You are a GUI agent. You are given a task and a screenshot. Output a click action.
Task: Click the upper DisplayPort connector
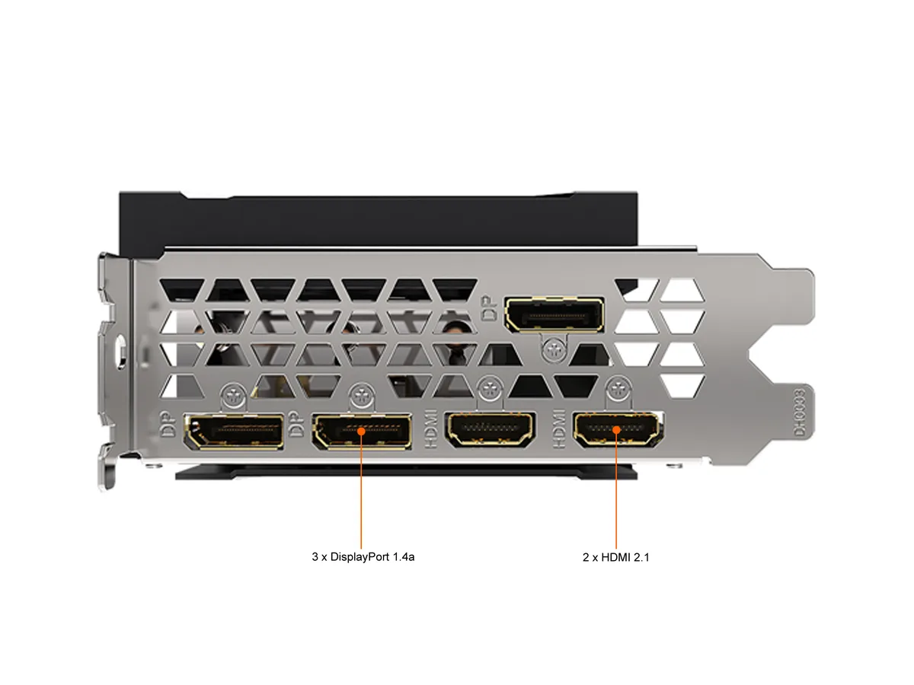[x=554, y=314]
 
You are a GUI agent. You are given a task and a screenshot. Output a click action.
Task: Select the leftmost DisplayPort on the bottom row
[x=234, y=432]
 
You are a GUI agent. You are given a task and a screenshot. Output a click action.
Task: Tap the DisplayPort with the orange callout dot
[x=362, y=432]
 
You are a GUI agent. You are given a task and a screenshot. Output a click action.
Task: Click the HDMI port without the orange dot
[x=490, y=429]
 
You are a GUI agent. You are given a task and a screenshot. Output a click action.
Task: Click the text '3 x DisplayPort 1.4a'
[x=363, y=556]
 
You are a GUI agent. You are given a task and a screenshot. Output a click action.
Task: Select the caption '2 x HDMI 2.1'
[x=615, y=557]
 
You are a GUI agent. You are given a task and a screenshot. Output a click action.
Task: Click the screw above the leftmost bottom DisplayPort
[x=233, y=393]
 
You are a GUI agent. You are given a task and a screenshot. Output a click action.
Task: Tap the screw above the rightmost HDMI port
[x=618, y=389]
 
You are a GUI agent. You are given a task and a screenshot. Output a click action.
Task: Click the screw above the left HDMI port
[x=490, y=389]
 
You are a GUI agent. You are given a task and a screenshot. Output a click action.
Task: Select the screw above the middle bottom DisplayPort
[x=362, y=393]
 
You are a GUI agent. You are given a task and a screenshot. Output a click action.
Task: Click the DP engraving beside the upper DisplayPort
[x=490, y=307]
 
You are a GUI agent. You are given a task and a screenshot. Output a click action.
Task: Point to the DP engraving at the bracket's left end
[x=168, y=424]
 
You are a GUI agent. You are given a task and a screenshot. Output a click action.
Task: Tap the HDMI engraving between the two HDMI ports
[x=559, y=429]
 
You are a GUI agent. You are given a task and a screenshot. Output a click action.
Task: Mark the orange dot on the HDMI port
[x=616, y=429]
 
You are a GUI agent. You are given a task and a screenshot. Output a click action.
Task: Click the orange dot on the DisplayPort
[x=361, y=432]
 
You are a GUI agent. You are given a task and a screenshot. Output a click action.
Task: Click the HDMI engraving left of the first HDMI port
[x=431, y=429]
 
